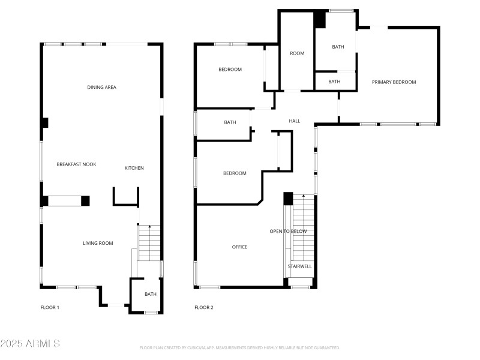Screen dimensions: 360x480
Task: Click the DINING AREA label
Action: (x=101, y=88)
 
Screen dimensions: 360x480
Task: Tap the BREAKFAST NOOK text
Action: (x=76, y=164)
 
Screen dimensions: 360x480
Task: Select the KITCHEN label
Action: (x=134, y=168)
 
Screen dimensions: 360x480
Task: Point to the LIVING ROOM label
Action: (x=98, y=243)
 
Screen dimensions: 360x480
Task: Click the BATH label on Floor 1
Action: (x=150, y=294)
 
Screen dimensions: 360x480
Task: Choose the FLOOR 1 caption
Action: (x=50, y=308)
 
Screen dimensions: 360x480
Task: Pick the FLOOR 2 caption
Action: (x=203, y=308)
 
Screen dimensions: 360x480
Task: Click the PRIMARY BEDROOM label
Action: (x=394, y=82)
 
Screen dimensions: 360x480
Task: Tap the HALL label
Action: (x=294, y=121)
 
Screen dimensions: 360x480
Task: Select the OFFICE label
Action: (x=239, y=247)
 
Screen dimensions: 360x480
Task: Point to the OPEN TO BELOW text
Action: (x=288, y=232)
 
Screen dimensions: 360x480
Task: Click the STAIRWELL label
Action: (x=300, y=266)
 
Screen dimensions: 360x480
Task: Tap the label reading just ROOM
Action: (x=297, y=53)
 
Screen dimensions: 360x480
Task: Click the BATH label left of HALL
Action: (x=230, y=122)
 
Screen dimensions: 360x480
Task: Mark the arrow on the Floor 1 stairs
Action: (x=149, y=227)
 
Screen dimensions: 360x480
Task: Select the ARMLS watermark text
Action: (x=30, y=344)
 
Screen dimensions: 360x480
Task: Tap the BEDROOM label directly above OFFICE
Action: (x=235, y=173)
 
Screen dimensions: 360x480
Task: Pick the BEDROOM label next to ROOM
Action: (x=230, y=70)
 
